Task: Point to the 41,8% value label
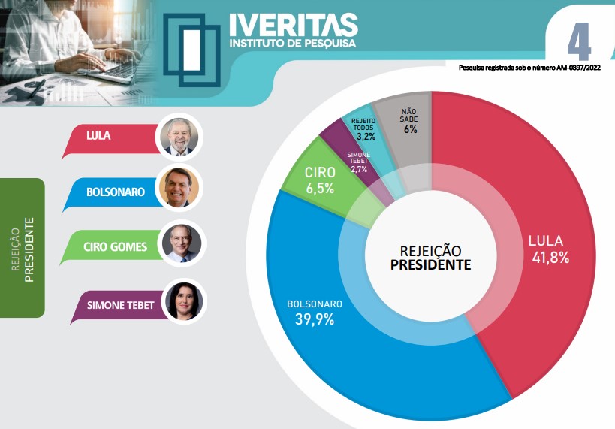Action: pos(548,258)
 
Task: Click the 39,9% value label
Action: pos(315,319)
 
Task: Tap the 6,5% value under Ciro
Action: pos(320,189)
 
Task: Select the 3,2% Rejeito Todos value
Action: pos(366,137)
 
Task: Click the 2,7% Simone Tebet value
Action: pos(359,170)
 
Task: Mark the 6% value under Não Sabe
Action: pos(409,129)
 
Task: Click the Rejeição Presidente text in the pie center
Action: pos(430,257)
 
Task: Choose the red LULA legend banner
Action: pos(113,137)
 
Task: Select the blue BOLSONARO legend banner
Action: pos(113,192)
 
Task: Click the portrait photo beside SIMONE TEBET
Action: pos(182,301)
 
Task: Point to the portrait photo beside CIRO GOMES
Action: pos(182,243)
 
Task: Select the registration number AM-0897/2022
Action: pos(572,68)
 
